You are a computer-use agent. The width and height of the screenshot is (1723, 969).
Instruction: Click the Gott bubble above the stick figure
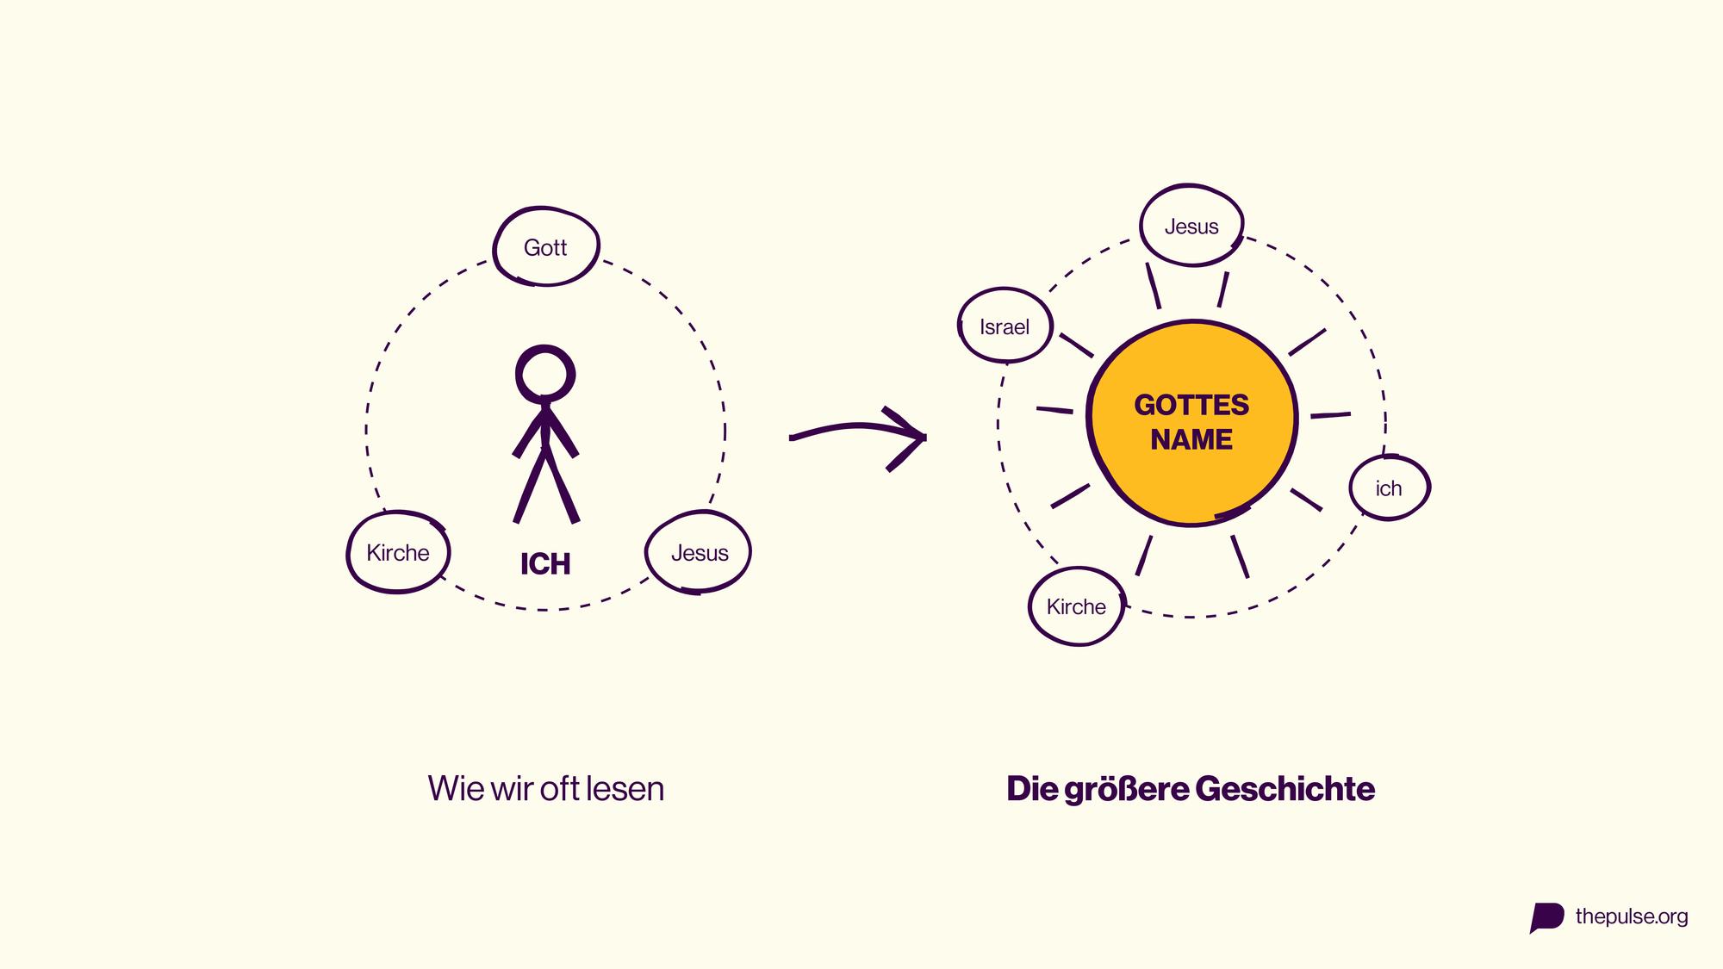(546, 246)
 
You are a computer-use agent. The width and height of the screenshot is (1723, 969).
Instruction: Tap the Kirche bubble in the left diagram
(398, 552)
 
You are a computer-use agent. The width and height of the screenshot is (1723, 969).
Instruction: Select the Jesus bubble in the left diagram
(699, 552)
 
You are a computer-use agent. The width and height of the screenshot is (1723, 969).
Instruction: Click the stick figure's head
(545, 374)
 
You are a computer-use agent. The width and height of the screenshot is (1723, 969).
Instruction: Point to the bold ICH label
(545, 564)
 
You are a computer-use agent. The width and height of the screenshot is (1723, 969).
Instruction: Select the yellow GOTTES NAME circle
(1192, 423)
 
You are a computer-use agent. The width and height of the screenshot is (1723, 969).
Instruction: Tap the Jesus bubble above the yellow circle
(1191, 226)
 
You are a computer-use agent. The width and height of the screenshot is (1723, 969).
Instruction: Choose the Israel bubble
(1005, 326)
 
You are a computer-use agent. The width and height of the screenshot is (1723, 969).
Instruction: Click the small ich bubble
(1389, 488)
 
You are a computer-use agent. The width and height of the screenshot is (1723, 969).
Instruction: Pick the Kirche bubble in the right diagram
(1077, 606)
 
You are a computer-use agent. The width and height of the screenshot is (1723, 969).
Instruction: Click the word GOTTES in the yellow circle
(1191, 405)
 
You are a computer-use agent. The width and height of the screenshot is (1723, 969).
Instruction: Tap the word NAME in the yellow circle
(1191, 439)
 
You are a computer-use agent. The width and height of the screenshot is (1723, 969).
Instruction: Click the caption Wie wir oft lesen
(546, 788)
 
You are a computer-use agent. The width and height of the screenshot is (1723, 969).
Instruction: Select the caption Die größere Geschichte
(1191, 789)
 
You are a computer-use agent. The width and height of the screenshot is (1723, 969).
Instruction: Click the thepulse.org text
(1632, 916)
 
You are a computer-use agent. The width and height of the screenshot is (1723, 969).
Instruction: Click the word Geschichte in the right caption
(1285, 789)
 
